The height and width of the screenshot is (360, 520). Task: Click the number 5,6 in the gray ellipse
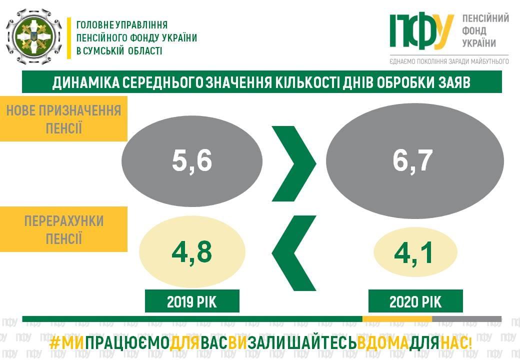pyautogui.click(x=192, y=161)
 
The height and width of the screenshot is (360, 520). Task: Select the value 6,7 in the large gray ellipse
pyautogui.click(x=413, y=161)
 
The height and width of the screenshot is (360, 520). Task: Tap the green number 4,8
pyautogui.click(x=191, y=252)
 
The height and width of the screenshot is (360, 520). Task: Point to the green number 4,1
pyautogui.click(x=413, y=252)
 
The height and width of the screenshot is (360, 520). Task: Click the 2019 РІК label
pyautogui.click(x=192, y=301)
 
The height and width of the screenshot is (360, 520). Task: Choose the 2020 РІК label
pyautogui.click(x=415, y=301)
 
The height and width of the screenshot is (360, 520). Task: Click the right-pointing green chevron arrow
pyautogui.click(x=294, y=163)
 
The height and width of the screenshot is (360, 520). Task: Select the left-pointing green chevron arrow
pyautogui.click(x=294, y=253)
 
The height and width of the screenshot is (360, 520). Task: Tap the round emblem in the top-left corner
pyautogui.click(x=33, y=36)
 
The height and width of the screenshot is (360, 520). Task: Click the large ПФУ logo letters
pyautogui.click(x=421, y=30)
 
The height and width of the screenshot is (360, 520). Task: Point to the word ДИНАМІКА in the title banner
pyautogui.click(x=85, y=82)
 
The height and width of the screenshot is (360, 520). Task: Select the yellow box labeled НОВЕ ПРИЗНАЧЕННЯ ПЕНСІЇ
pyautogui.click(x=63, y=118)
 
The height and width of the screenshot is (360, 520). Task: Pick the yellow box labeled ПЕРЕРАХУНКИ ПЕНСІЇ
pyautogui.click(x=63, y=229)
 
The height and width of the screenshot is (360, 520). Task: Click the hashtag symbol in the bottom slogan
pyautogui.click(x=54, y=344)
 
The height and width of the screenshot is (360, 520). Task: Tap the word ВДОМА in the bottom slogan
pyautogui.click(x=383, y=344)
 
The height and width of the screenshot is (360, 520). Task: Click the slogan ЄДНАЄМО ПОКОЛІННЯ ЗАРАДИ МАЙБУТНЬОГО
pyautogui.click(x=449, y=61)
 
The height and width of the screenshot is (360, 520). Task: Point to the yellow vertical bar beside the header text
pyautogui.click(x=69, y=38)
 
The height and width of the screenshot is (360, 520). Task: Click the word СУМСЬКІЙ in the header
pyautogui.click(x=105, y=50)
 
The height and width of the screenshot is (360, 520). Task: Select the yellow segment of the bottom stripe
pyautogui.click(x=397, y=319)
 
